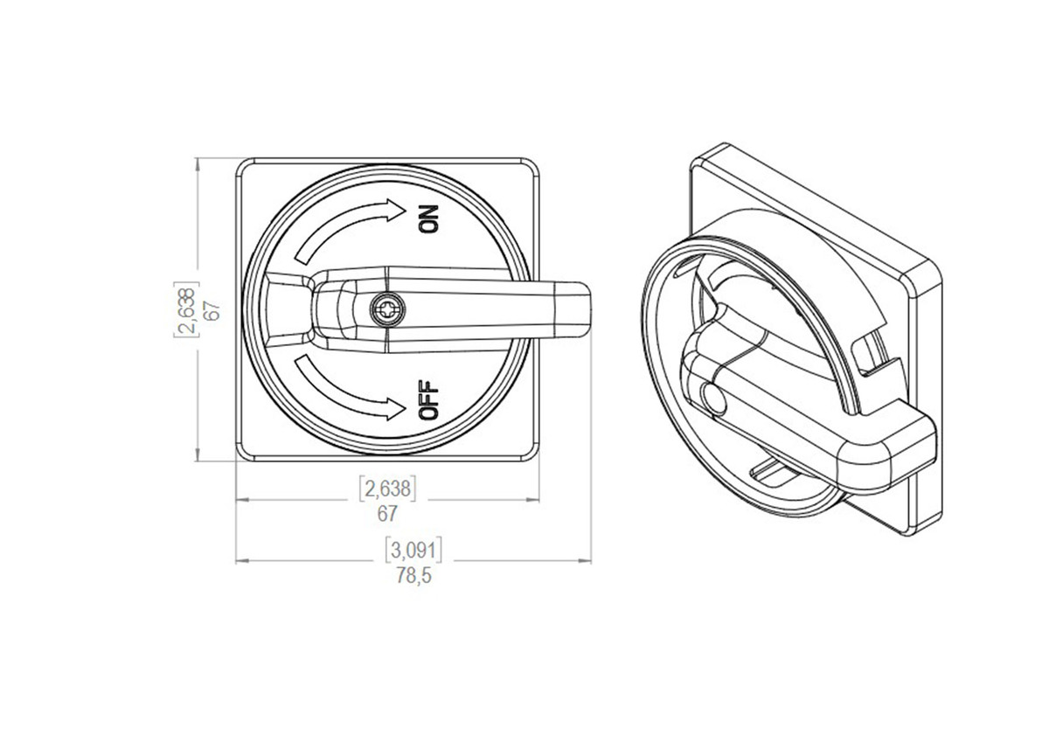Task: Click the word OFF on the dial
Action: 429,401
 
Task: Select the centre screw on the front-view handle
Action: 385,309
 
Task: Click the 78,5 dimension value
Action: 414,577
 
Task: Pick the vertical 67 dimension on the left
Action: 209,309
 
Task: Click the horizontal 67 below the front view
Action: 387,513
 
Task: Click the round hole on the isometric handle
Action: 712,399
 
